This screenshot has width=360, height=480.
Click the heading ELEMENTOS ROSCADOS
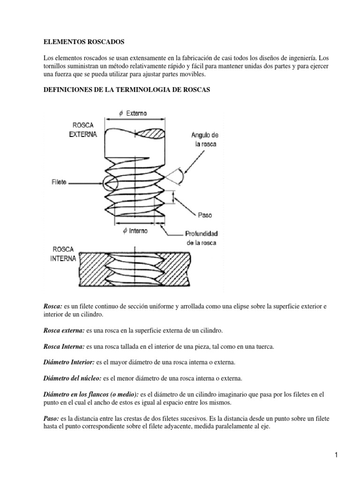point(84,42)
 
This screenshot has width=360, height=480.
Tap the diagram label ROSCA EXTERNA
point(84,130)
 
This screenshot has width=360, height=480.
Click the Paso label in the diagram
point(205,215)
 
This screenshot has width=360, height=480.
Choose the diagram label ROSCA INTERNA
point(63,255)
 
